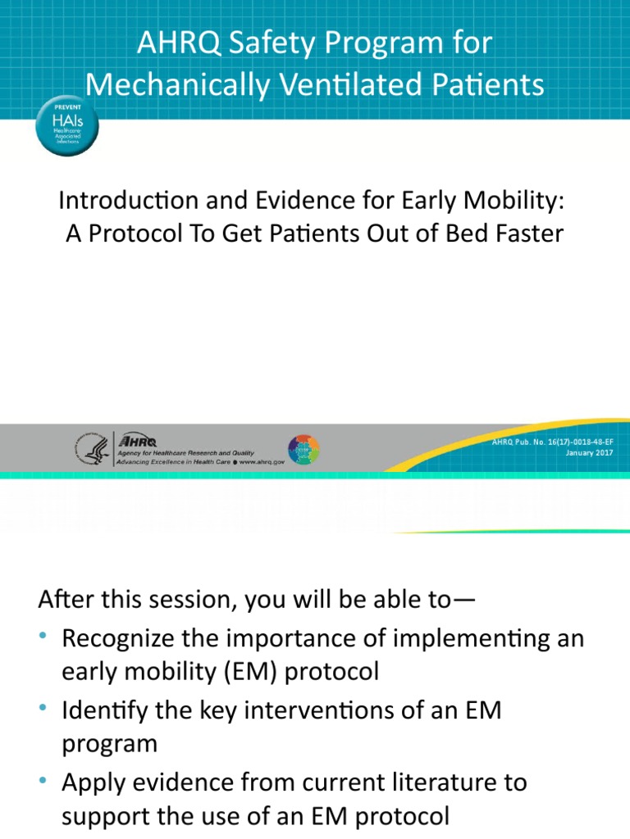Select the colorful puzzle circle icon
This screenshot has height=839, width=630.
coord(304,450)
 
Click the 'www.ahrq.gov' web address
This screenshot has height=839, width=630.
coord(262,462)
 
